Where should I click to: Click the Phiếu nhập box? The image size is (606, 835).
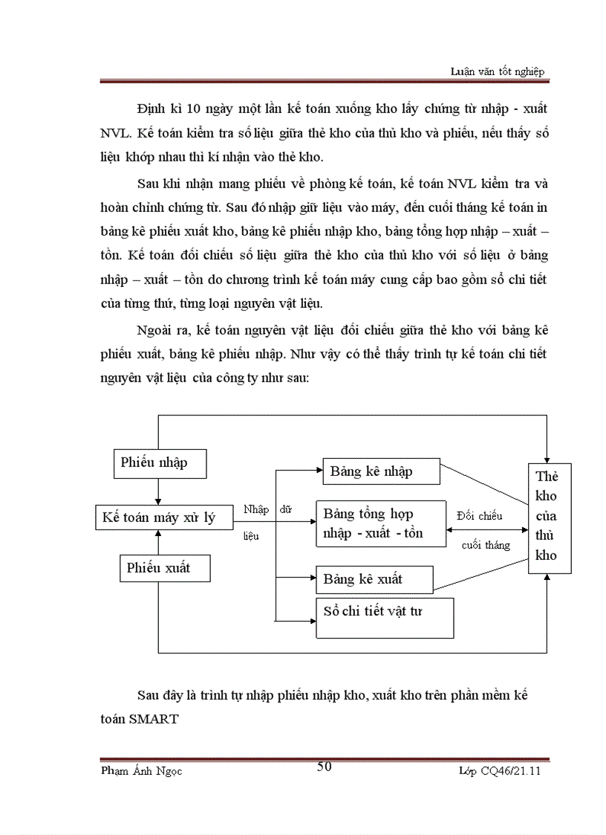[159, 462]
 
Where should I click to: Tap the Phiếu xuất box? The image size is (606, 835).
[164, 568]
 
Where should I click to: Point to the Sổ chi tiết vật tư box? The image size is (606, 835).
[385, 617]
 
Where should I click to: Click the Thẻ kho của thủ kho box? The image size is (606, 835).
[549, 518]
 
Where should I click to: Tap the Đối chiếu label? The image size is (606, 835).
[480, 515]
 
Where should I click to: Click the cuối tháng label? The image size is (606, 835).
[486, 545]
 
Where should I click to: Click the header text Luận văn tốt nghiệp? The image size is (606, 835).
[498, 71]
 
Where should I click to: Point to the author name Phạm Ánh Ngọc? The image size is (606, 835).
[141, 771]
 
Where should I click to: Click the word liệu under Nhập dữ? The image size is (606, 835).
[252, 535]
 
